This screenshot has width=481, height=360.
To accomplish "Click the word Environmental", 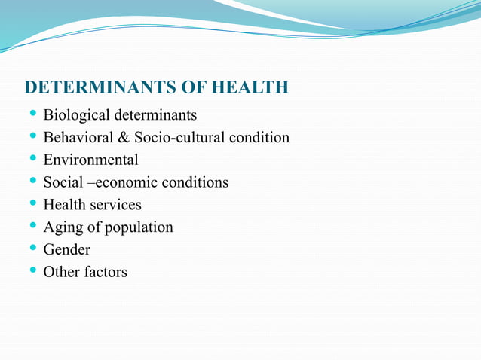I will pyautogui.click(x=90, y=160).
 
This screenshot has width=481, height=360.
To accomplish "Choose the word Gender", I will pyautogui.click(x=66, y=249).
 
